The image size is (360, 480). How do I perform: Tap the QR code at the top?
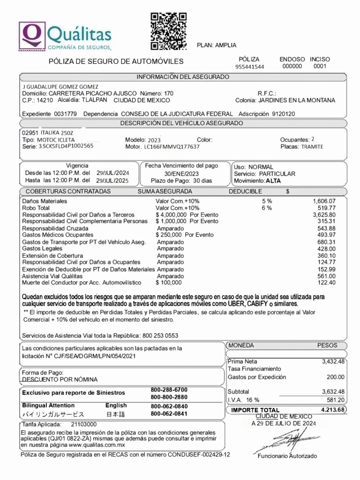pyautogui.click(x=168, y=31)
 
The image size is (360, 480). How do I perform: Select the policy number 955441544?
pyautogui.click(x=249, y=67)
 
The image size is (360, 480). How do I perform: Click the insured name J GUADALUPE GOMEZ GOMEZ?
pyautogui.click(x=60, y=87)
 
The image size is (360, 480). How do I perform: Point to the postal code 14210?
pyautogui.click(x=45, y=100)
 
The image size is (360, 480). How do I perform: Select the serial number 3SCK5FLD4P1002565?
pyautogui.click(x=66, y=146)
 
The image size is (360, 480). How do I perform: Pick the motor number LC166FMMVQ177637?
pyautogui.click(x=172, y=146)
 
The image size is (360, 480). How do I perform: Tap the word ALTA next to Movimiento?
pyautogui.click(x=273, y=180)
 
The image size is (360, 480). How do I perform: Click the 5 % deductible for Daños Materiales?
pyautogui.click(x=267, y=201)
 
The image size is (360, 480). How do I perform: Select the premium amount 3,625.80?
pyautogui.click(x=324, y=214)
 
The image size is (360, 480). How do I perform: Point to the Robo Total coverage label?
pyautogui.click(x=36, y=208)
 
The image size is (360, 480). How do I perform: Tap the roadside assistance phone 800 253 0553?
pyautogui.click(x=159, y=336)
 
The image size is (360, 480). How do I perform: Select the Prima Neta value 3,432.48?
pyautogui.click(x=333, y=361)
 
